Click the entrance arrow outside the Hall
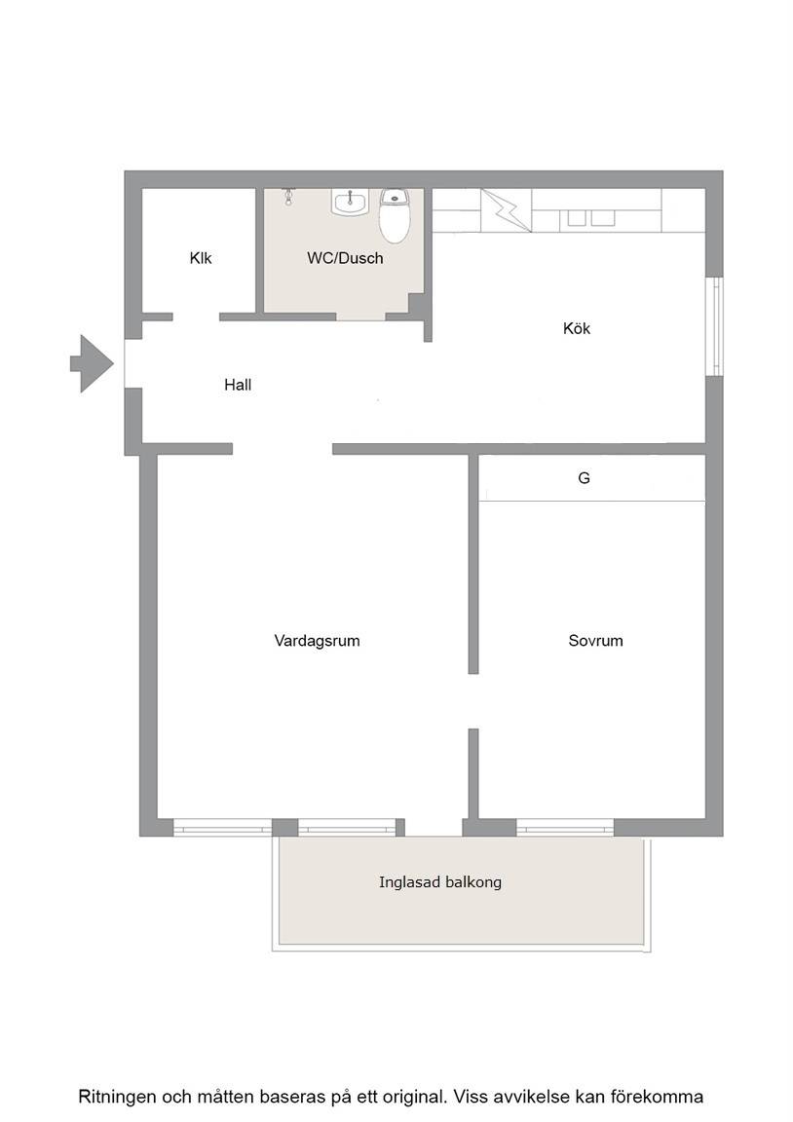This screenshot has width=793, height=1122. (92, 363)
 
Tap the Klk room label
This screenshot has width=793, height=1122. (201, 257)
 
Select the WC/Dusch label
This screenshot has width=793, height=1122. (345, 258)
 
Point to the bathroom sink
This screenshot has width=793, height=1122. (350, 202)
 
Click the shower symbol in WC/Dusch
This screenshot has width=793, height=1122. (288, 196)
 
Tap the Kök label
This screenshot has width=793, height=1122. (576, 328)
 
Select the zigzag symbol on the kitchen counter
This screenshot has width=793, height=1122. (506, 209)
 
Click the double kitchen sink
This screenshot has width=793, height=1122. (591, 217)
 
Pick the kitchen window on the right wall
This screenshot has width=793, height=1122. (713, 325)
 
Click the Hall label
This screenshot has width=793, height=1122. (238, 385)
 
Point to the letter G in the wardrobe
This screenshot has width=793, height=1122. (584, 478)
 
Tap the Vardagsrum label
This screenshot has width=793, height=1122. (317, 641)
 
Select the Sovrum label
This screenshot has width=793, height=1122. (595, 641)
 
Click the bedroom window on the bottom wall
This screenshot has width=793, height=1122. (565, 827)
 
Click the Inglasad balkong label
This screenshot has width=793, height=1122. (440, 882)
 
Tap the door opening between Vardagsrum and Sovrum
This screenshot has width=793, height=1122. (473, 701)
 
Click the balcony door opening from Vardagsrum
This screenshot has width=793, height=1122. (434, 827)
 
